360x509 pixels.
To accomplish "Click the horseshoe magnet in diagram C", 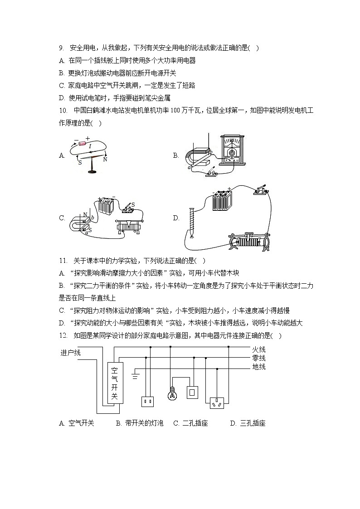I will [x=78, y=223].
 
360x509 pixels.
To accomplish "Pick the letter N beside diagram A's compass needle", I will [x=105, y=160].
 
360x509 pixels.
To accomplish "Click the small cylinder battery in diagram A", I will [x=82, y=144].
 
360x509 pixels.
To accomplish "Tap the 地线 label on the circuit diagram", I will [x=258, y=367].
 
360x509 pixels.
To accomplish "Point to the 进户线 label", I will [x=70, y=353].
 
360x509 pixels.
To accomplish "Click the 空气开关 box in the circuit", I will [x=115, y=382].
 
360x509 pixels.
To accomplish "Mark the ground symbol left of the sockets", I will [x=135, y=375].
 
